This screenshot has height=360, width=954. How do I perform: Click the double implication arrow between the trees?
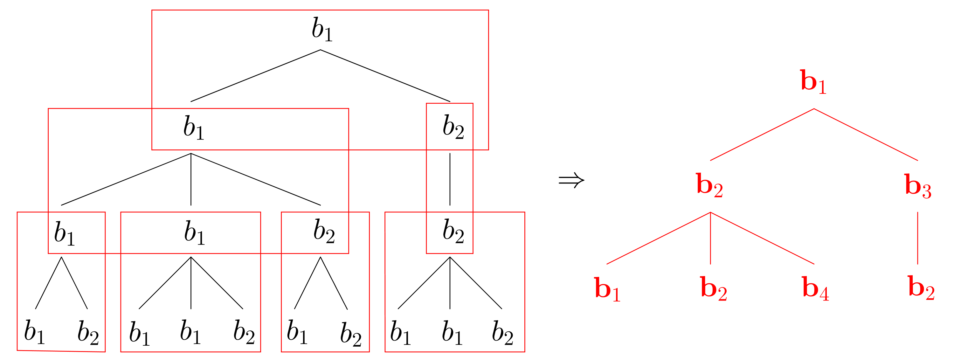point(571,181)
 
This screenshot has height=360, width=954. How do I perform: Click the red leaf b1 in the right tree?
point(607,289)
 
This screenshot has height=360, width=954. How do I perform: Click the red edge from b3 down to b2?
point(918,238)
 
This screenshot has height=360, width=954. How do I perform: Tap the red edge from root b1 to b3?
point(866,135)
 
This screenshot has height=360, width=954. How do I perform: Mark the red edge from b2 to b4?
point(762,238)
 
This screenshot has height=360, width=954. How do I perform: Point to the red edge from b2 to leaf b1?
point(659,238)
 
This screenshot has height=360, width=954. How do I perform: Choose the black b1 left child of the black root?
point(193,128)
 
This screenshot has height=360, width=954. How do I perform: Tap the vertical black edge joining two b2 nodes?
point(450,179)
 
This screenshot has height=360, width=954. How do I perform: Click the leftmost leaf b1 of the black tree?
point(34,331)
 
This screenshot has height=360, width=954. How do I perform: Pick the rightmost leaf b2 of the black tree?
point(502,333)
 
